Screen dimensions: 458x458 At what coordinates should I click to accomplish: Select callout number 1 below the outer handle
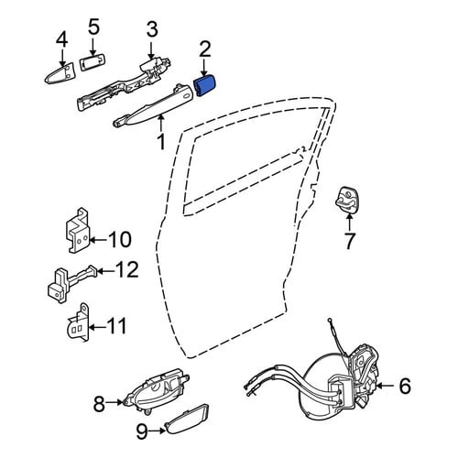pos(160,142)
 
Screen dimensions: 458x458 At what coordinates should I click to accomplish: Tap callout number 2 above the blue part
pos(205,50)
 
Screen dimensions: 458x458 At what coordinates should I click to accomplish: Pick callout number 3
pos(152,29)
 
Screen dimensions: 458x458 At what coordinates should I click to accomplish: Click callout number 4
pos(62,40)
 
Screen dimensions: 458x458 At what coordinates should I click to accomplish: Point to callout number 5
pos(93,27)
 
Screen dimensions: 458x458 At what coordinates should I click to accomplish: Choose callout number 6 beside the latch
pos(405,386)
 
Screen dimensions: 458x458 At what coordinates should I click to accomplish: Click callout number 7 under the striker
pos(349,241)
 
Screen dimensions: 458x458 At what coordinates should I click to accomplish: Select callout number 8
pos(99,404)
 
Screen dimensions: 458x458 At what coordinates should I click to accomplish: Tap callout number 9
pos(142,431)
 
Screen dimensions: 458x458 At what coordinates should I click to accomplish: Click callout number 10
pos(120,239)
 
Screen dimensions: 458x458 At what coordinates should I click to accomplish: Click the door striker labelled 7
pos(346,200)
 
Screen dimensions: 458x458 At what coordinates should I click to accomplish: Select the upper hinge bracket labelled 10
pos(78,232)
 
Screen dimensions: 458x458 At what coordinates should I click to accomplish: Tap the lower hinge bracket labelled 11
pos(78,322)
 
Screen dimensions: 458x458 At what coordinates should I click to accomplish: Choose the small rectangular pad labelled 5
pos(92,62)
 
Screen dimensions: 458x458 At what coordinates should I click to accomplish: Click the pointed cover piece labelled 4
pos(60,73)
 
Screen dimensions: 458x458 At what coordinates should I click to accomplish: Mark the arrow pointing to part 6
pos(386,386)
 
